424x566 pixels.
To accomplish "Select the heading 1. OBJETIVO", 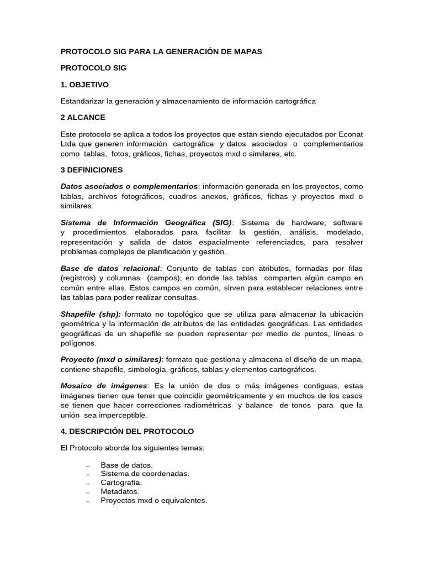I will [x=84, y=85].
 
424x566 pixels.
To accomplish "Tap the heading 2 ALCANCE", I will [x=83, y=117].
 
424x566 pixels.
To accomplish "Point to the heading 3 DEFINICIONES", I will [x=92, y=170].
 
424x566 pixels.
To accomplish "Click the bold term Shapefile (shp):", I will [x=91, y=314].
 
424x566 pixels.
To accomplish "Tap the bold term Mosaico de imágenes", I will [x=104, y=385].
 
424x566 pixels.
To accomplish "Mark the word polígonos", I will [x=78, y=343].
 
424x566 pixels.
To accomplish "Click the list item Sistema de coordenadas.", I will [x=145, y=474].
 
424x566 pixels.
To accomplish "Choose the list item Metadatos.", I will [x=120, y=491].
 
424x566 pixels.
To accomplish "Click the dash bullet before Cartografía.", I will [x=88, y=483].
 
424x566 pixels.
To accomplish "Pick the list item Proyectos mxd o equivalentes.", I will [x=154, y=500].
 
